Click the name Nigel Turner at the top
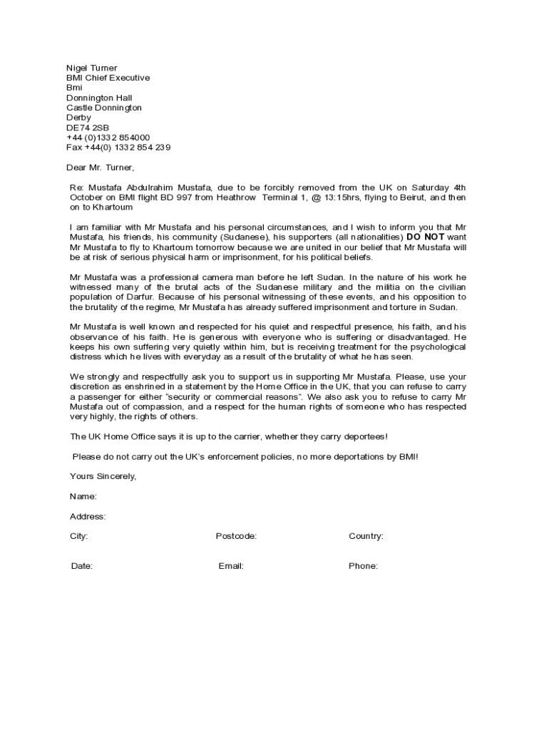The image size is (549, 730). point(92,68)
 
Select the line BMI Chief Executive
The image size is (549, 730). point(108,78)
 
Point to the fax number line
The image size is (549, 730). point(118,148)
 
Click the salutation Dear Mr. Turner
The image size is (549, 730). point(100,168)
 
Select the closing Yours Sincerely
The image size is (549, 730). point(103,476)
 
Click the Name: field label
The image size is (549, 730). point(83,496)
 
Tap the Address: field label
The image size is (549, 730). point(88,516)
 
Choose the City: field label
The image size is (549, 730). point(78,536)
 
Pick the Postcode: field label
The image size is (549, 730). point(236,536)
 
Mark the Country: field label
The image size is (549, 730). point(366,536)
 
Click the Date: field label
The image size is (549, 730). point(81,566)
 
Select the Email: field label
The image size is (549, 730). point(231,566)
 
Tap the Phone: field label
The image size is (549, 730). point(363,566)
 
